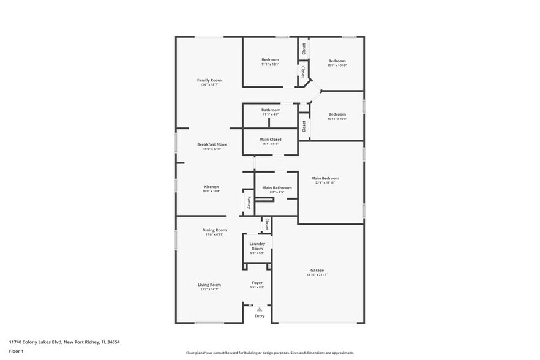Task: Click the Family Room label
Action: tap(209, 80)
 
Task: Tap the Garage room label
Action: tap(317, 270)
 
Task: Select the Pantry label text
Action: tap(249, 201)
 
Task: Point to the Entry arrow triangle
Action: tap(260, 309)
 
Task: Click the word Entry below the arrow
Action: tap(260, 316)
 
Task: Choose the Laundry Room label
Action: tap(257, 246)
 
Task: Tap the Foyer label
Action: tap(257, 283)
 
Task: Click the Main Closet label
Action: tap(271, 140)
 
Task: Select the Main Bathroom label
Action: tap(277, 187)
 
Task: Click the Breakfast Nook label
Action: tap(212, 144)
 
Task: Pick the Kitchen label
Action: tap(211, 187)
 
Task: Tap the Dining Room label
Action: tap(214, 230)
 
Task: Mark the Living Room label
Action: tap(209, 285)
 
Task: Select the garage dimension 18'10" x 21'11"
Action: tap(317, 274)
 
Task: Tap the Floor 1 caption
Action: tap(16, 351)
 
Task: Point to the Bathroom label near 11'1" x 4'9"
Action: tap(271, 110)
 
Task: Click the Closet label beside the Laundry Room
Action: tap(267, 225)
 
